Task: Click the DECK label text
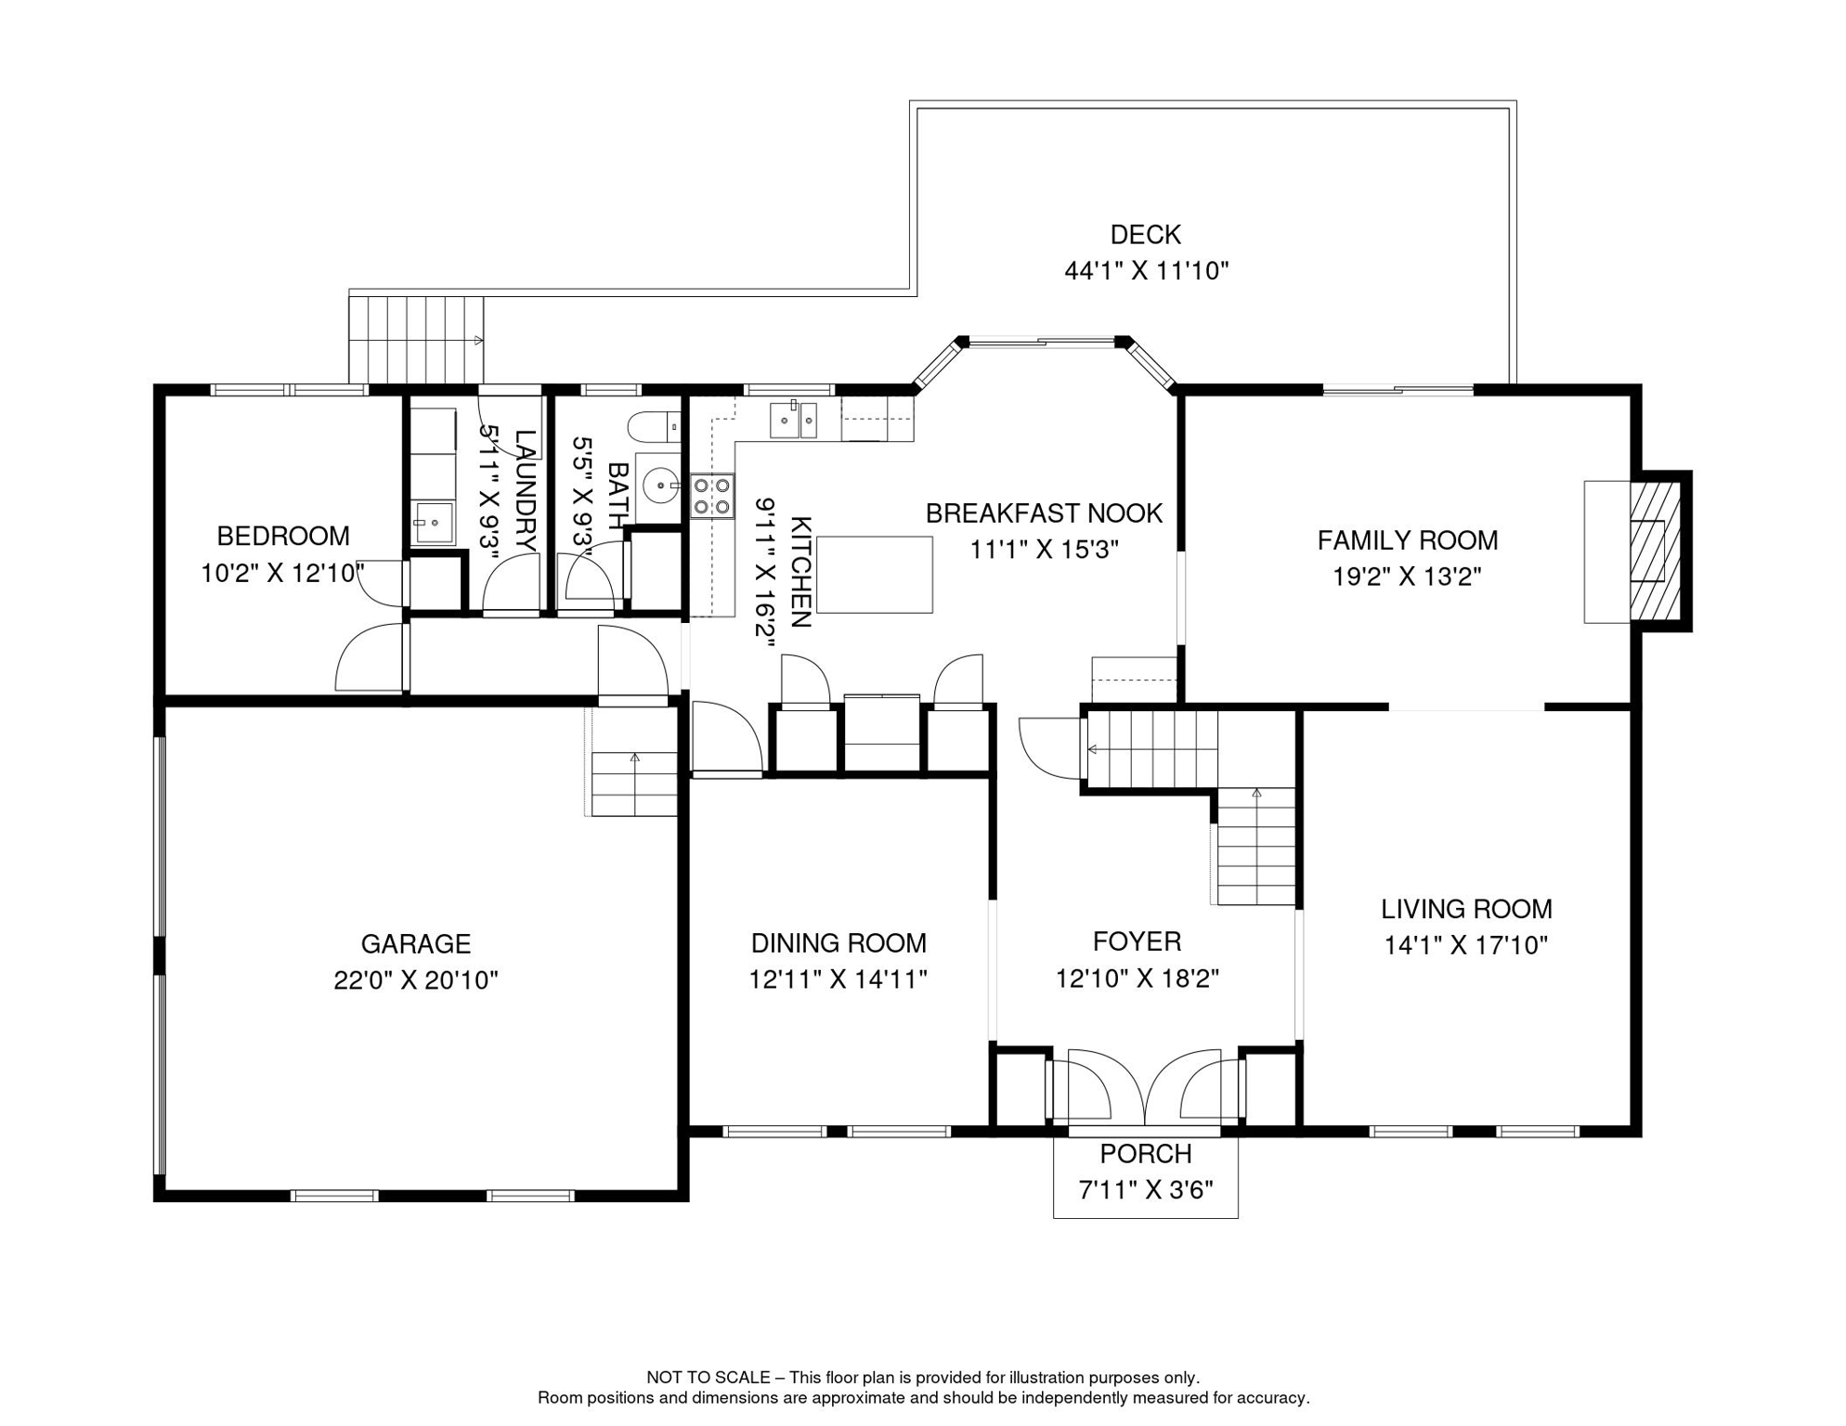[x=1145, y=235]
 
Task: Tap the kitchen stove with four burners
[x=711, y=496]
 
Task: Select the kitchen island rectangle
[x=874, y=575]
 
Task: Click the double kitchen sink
[x=793, y=420]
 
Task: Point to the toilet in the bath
[x=654, y=427]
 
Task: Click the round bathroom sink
[x=659, y=485]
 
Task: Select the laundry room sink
[x=433, y=523]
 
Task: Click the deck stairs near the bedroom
[x=416, y=340]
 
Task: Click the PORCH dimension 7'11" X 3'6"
[x=1145, y=1189]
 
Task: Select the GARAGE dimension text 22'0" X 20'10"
[x=415, y=980]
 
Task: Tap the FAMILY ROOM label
[x=1406, y=540]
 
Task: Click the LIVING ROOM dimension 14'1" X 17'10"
[x=1465, y=945]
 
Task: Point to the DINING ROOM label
[x=838, y=943]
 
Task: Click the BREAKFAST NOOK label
[x=1043, y=513]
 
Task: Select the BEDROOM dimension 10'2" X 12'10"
[x=282, y=573]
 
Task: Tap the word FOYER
[x=1136, y=941]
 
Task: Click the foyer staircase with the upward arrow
[x=1255, y=847]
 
